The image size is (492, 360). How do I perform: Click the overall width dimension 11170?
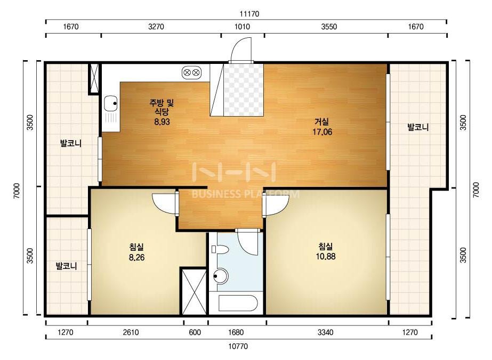pyautogui.click(x=249, y=14)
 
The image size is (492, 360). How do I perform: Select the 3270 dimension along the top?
pyautogui.click(x=156, y=27)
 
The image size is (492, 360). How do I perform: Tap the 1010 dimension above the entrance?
pyautogui.click(x=242, y=27)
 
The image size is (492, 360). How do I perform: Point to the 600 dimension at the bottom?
pyautogui.click(x=195, y=332)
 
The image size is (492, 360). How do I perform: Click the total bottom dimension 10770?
pyautogui.click(x=238, y=346)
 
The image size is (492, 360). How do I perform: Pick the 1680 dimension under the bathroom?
pyautogui.click(x=236, y=332)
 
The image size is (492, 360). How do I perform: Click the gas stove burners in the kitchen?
pyautogui.click(x=191, y=72)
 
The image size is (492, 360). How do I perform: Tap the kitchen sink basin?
pyautogui.click(x=110, y=103)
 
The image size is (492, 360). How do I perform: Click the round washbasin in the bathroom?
pyautogui.click(x=221, y=276)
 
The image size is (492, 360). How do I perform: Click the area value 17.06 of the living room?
pyautogui.click(x=322, y=132)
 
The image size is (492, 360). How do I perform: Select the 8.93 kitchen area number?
pyautogui.click(x=162, y=121)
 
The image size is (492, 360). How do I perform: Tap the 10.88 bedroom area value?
pyautogui.click(x=326, y=257)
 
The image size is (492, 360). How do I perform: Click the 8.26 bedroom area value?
pyautogui.click(x=137, y=258)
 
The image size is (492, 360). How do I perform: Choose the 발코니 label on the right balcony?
pyautogui.click(x=418, y=127)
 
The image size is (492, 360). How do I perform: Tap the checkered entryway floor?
pyautogui.click(x=244, y=89)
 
